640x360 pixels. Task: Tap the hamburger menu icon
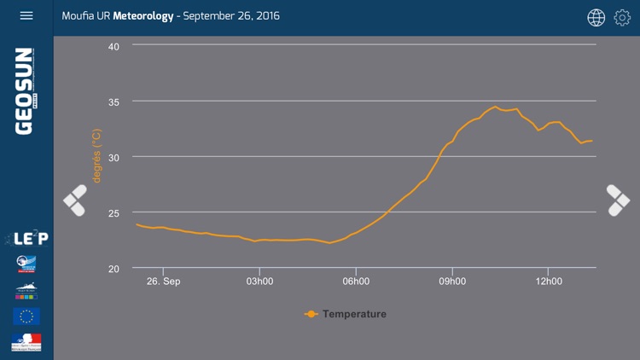pos(26,16)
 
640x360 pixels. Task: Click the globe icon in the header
pos(596,17)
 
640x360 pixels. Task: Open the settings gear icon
pos(622,17)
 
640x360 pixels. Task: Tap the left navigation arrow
pos(75,200)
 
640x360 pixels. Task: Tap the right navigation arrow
pos(618,200)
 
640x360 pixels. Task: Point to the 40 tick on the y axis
pos(113,46)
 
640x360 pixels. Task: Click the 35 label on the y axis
pos(113,102)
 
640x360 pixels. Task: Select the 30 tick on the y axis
pos(113,157)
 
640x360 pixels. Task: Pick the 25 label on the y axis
pos(113,212)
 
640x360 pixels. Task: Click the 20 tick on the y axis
pos(113,268)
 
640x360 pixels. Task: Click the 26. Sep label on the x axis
pos(164,282)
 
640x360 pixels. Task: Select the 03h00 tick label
pos(259,282)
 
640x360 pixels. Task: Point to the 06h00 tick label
pos(356,282)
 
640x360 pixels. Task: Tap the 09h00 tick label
pos(452,282)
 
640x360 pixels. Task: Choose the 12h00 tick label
pos(549,282)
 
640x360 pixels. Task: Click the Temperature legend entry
pos(346,314)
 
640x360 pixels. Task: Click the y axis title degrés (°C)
pos(96,156)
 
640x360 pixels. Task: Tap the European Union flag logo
pos(26,316)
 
